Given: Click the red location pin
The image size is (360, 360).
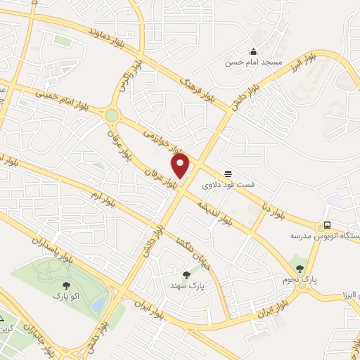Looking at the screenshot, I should click(x=181, y=166).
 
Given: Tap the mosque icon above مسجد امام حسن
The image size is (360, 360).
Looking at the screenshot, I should click(x=253, y=51).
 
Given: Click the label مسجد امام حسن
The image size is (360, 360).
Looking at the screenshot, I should click(x=253, y=63).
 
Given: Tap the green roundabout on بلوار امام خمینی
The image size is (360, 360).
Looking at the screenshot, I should click(x=111, y=115).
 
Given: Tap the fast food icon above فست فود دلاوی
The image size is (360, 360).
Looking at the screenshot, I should click(x=229, y=174).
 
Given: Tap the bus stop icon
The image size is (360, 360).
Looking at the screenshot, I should click(x=326, y=226).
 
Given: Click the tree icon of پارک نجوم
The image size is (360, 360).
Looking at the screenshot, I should click(x=301, y=267).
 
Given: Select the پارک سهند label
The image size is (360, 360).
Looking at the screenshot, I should click(x=186, y=287).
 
